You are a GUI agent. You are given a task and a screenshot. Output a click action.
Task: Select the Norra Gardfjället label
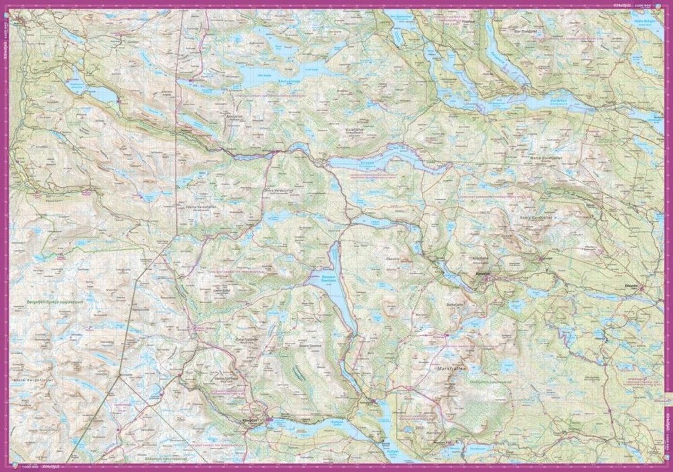coord(547,157)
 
